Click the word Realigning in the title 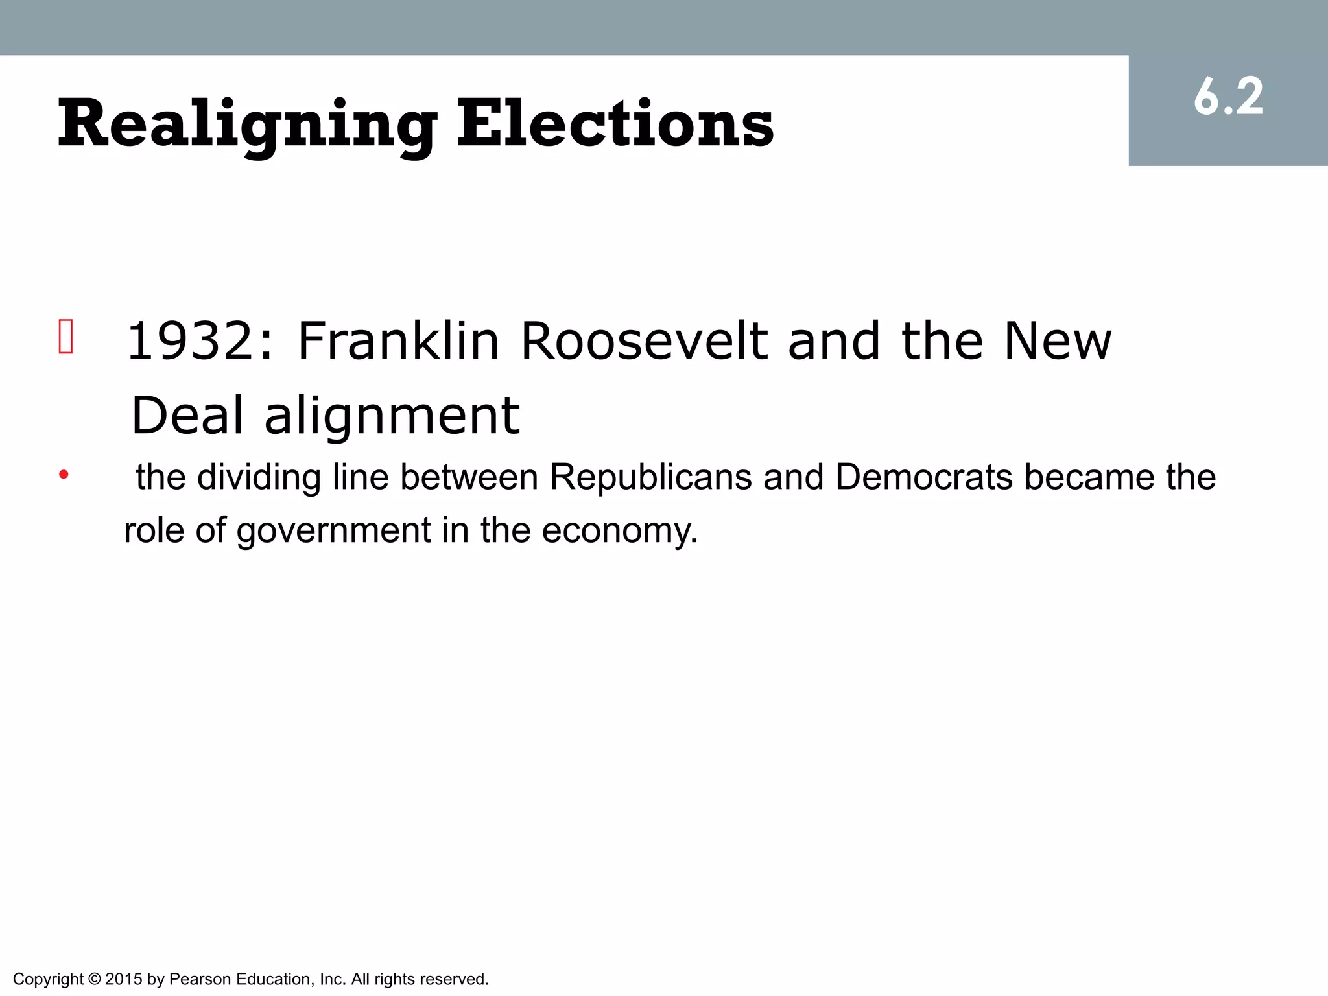[247, 124]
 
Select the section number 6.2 [1228, 98]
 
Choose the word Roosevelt [645, 341]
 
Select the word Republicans [651, 477]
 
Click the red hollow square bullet [65, 337]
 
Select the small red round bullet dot [64, 475]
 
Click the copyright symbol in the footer [95, 979]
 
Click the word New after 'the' [1058, 341]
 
